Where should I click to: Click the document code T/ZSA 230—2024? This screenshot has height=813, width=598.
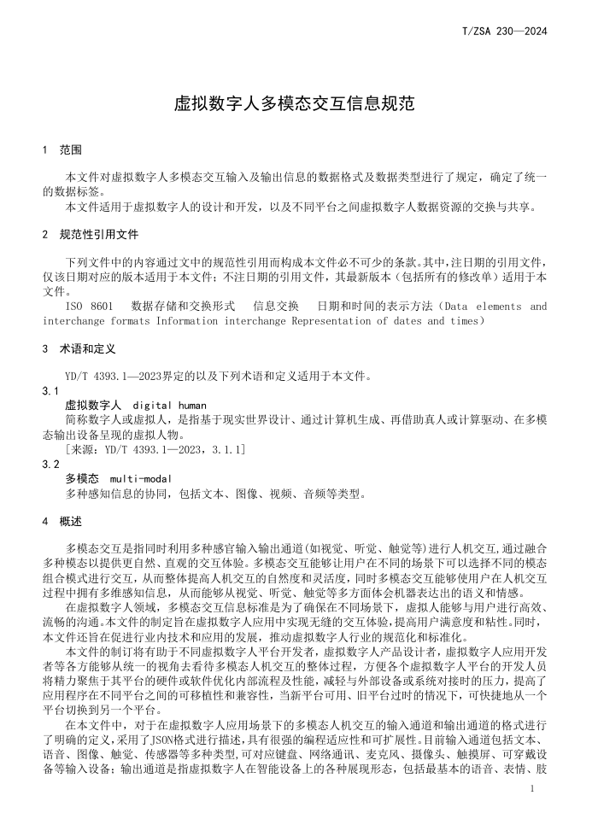503,32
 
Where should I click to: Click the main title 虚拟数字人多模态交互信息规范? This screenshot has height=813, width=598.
294,104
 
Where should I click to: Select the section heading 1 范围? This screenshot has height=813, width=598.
62,149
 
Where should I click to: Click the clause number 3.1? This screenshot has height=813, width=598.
51,390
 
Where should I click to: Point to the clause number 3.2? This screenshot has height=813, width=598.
51,464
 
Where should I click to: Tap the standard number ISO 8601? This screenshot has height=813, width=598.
89,306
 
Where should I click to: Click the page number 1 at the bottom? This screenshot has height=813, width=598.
531,790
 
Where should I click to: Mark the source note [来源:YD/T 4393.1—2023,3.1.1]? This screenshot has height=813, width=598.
155,449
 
